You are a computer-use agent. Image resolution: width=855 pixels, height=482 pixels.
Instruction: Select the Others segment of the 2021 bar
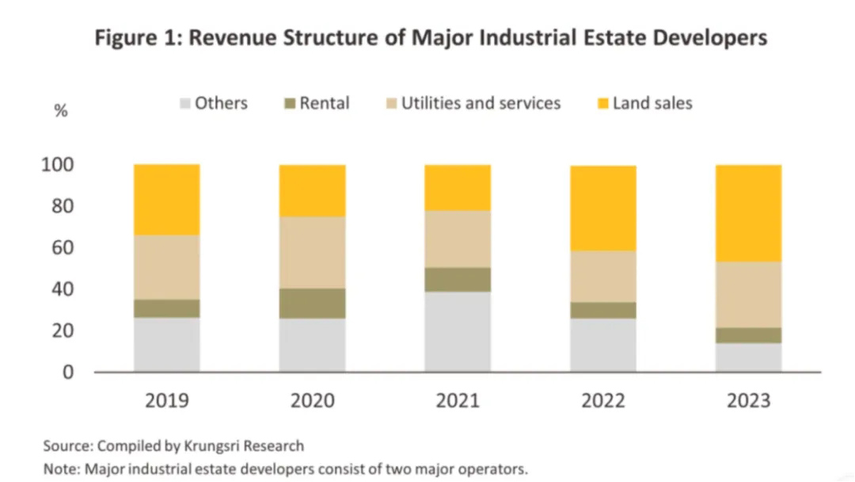point(458,331)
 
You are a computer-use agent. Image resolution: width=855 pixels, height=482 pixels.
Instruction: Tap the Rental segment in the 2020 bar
point(312,304)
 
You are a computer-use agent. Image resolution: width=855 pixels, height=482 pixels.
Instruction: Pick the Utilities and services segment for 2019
point(166,267)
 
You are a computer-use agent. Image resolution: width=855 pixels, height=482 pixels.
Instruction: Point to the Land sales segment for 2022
point(603,208)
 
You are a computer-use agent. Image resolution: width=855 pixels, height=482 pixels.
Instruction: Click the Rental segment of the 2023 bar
point(748,335)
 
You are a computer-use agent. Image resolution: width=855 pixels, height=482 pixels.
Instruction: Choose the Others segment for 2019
point(166,344)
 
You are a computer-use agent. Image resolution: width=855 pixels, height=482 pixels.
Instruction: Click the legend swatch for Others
point(186,103)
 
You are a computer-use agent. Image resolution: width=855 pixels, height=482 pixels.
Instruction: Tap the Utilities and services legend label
point(481,103)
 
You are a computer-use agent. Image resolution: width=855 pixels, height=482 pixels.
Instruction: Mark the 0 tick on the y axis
point(67,372)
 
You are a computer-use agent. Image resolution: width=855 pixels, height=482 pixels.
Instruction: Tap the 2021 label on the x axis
point(458,400)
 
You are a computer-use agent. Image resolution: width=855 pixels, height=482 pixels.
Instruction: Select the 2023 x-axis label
point(748,400)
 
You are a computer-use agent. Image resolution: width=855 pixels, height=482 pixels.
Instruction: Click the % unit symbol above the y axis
point(60,111)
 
